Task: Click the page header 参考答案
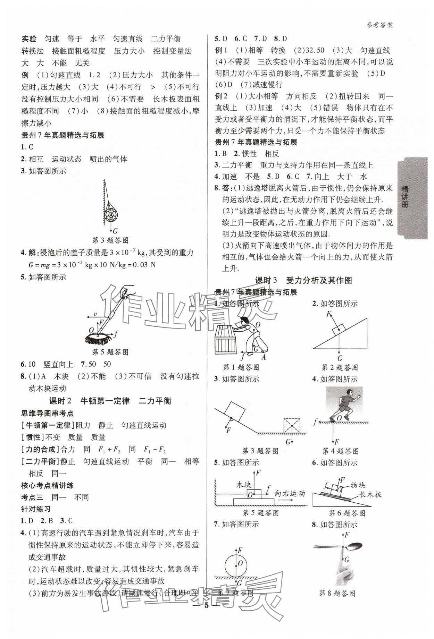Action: coord(379,25)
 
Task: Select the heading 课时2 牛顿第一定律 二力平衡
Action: coord(110,401)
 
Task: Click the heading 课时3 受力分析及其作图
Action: coord(304,280)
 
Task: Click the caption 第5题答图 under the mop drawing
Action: coord(110,352)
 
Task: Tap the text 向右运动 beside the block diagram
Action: coord(289,493)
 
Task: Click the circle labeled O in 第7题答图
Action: coord(236,564)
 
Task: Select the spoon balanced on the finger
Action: coord(351,547)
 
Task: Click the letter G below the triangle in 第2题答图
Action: coord(340,358)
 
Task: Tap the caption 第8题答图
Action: coord(337,594)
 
